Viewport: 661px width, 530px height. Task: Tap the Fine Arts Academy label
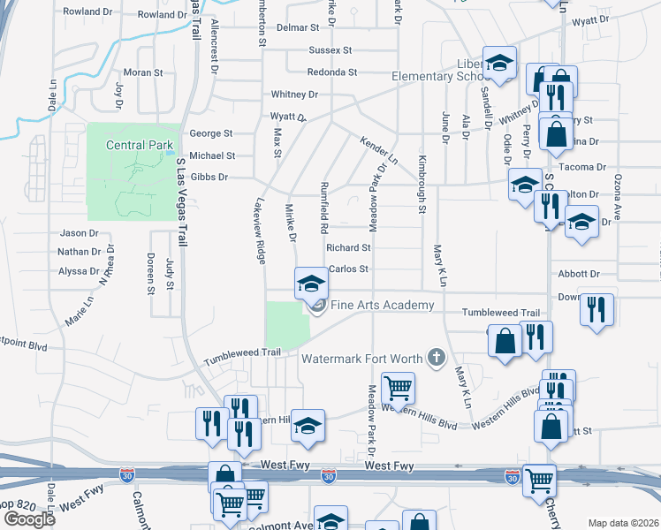(x=383, y=306)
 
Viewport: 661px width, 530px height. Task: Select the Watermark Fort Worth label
(x=362, y=359)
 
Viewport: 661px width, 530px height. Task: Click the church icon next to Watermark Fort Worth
(x=435, y=358)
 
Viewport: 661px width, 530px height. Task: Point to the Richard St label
(x=347, y=248)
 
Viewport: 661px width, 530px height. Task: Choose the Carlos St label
(x=347, y=269)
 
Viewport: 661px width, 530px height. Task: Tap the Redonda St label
(x=331, y=72)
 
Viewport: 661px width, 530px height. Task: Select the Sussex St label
(x=330, y=50)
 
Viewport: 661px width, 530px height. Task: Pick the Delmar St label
(x=297, y=28)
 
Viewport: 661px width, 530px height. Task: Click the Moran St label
(x=139, y=72)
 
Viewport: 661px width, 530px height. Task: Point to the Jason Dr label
(x=79, y=233)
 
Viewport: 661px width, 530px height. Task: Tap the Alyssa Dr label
(x=78, y=272)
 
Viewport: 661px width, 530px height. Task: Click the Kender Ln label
(x=378, y=151)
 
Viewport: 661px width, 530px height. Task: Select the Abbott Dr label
(x=579, y=275)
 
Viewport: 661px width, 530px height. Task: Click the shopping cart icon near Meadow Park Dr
(x=399, y=387)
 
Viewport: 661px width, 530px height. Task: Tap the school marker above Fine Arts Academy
(x=311, y=283)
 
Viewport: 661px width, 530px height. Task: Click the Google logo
(x=30, y=519)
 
